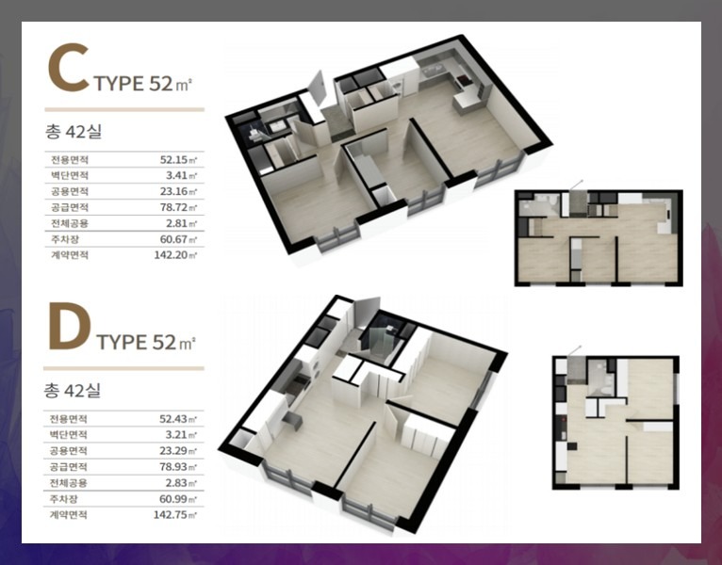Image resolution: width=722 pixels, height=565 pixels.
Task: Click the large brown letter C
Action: pyautogui.click(x=68, y=67)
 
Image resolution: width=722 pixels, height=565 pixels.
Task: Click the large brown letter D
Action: pyautogui.click(x=69, y=326)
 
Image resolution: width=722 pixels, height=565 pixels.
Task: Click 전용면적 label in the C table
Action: pyautogui.click(x=69, y=160)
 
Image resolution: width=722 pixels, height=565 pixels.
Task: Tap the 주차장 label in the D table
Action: pyautogui.click(x=63, y=499)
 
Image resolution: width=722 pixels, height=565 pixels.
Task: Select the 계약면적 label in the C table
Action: pyautogui.click(x=69, y=255)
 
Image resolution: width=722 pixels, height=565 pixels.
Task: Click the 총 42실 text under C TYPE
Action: pyautogui.click(x=74, y=132)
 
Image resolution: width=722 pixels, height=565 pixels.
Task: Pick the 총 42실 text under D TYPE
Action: pyautogui.click(x=73, y=391)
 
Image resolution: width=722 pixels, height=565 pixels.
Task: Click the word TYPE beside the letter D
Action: pyautogui.click(x=122, y=343)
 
